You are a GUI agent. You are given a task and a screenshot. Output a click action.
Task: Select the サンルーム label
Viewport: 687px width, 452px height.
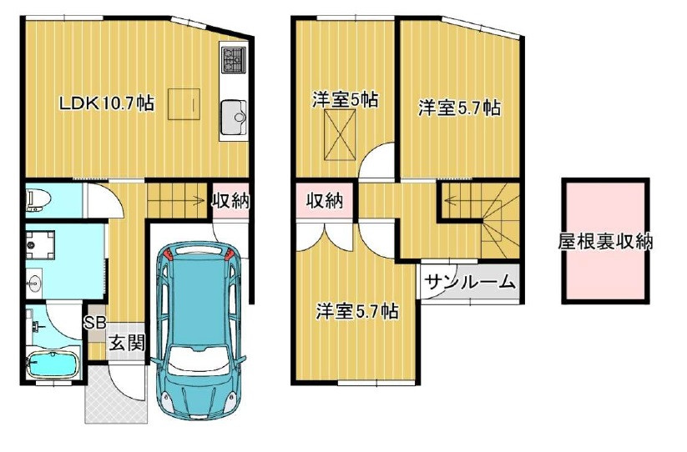click(x=470, y=282)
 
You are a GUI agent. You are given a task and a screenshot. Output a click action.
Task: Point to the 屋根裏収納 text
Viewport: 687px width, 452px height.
click(x=605, y=242)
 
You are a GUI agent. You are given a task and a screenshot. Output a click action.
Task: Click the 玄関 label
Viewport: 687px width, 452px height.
click(x=126, y=342)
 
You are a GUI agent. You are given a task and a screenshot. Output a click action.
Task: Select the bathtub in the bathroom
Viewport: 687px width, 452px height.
click(x=52, y=364)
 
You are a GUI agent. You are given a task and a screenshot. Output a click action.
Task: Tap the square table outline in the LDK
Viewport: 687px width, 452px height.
click(x=184, y=105)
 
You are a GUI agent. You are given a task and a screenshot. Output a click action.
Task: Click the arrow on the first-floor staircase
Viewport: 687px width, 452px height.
click(x=200, y=199)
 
